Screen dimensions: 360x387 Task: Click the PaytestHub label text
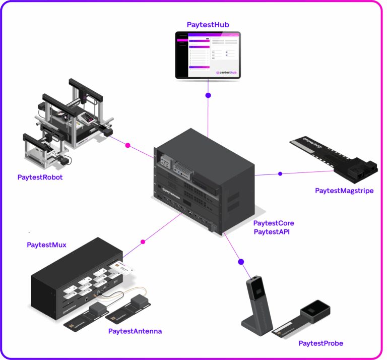pos(208,24)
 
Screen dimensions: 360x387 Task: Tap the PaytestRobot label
pos(40,177)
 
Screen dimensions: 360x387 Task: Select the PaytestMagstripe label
pos(344,191)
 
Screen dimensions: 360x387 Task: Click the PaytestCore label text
pos(274,223)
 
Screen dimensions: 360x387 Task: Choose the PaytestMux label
pos(46,245)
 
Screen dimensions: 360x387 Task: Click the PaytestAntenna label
pos(135,331)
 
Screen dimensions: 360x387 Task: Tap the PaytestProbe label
pos(320,343)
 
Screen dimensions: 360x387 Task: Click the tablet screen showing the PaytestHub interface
pos(208,54)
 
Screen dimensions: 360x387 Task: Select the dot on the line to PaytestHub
pos(208,95)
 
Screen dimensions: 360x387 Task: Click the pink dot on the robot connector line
pos(127,145)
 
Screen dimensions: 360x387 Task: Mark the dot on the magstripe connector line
pos(280,173)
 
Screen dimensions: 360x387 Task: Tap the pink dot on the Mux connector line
pos(143,242)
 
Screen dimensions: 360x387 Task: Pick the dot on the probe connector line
pos(241,262)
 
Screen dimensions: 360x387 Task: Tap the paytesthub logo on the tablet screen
pos(226,73)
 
